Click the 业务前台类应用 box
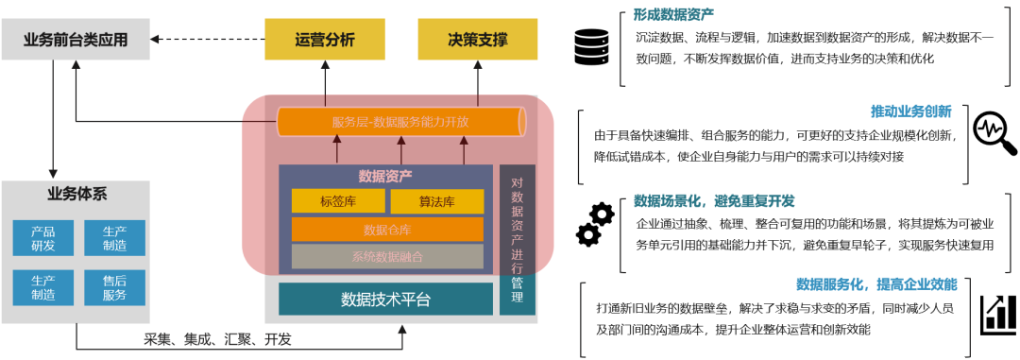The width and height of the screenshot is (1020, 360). [75, 40]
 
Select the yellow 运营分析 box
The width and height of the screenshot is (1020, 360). [324, 40]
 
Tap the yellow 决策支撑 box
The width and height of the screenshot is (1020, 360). [477, 40]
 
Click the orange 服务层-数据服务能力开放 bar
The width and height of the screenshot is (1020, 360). [400, 122]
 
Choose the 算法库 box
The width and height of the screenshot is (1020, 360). [436, 200]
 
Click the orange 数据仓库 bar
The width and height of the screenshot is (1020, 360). [387, 230]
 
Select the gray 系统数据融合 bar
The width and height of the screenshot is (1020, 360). [387, 256]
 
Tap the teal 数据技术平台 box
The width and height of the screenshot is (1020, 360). [385, 299]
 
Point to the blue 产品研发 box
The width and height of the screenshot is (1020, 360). [42, 238]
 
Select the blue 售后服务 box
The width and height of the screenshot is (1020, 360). [114, 286]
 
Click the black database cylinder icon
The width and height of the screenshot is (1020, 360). [592, 46]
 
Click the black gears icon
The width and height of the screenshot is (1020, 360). [594, 224]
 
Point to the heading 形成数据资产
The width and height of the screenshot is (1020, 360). [673, 14]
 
